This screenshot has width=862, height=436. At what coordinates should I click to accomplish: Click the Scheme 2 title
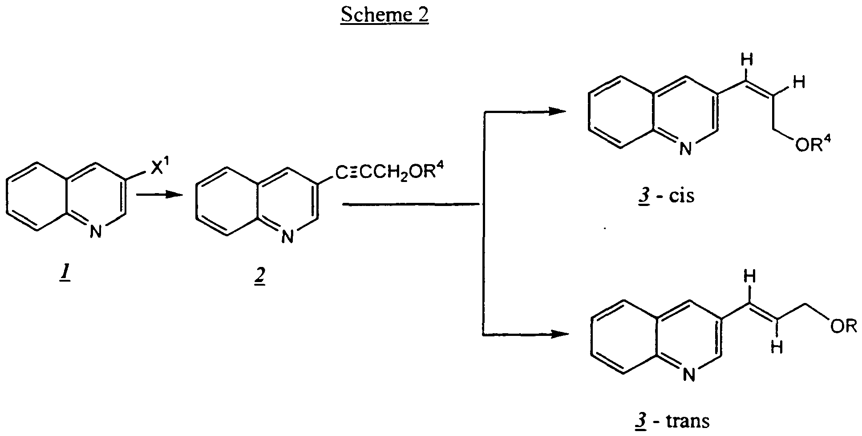pyautogui.click(x=384, y=14)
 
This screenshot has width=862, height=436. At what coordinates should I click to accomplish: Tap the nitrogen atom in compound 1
pyautogui.click(x=95, y=231)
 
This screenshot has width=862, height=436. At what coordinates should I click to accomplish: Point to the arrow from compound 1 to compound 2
pyautogui.click(x=159, y=194)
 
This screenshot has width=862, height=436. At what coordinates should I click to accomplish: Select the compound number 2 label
pyautogui.click(x=259, y=277)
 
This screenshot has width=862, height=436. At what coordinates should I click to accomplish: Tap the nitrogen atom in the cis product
pyautogui.click(x=686, y=149)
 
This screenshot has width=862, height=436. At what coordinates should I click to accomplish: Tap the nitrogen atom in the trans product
pyautogui.click(x=689, y=375)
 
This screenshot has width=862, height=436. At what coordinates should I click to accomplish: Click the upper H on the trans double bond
pyautogui.click(x=750, y=278)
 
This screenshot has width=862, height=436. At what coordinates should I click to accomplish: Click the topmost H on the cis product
pyautogui.click(x=748, y=60)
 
